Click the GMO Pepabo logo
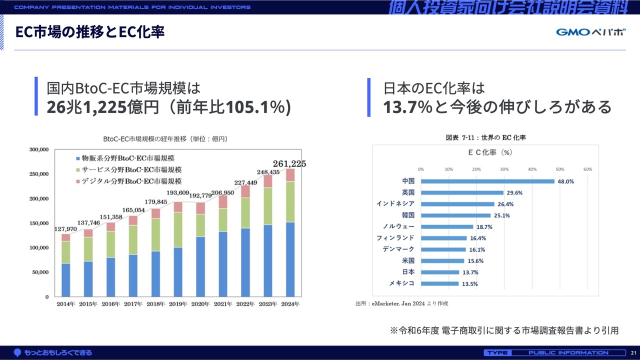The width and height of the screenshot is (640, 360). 590,32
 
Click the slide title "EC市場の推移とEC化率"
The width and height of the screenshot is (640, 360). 90,32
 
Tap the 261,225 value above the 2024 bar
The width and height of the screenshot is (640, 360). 289,163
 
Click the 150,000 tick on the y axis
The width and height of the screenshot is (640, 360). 39,223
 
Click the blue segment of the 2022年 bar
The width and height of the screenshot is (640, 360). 246,262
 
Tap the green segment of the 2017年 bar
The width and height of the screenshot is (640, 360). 132,240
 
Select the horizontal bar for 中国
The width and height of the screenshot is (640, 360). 487,181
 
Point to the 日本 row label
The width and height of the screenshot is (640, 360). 408,272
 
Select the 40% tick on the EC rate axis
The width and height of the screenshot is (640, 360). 532,169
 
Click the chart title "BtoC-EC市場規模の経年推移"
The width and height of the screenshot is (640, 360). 165,138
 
